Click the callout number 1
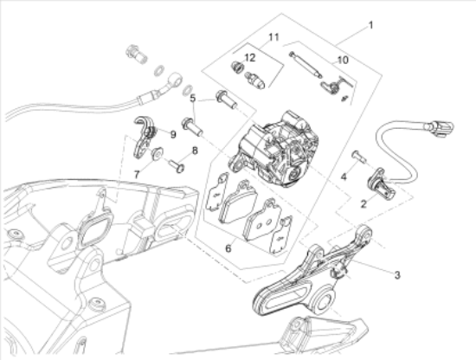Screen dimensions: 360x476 tap(371, 26)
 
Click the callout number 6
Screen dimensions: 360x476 tap(228, 247)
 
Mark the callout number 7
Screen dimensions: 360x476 tap(137, 173)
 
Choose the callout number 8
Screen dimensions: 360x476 tap(195, 151)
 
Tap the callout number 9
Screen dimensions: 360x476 tap(172, 133)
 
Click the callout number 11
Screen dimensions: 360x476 tap(273, 37)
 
